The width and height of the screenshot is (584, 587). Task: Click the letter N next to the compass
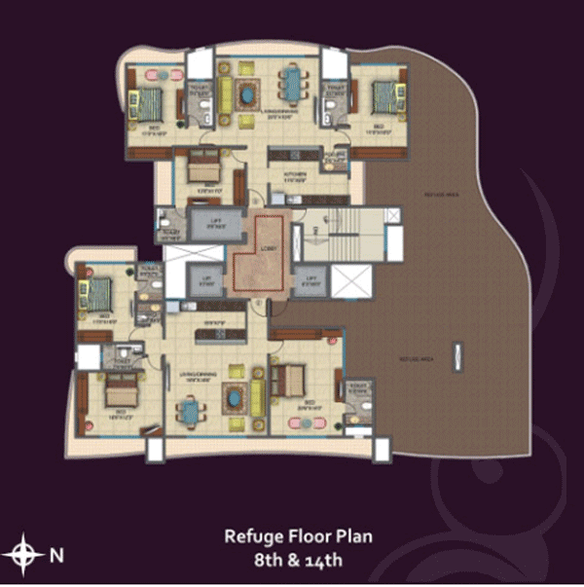56,556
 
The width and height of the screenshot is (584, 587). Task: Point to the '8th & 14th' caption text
298,560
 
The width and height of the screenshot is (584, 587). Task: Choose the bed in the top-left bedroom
151,100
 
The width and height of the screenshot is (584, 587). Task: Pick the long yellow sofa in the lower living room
257,397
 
